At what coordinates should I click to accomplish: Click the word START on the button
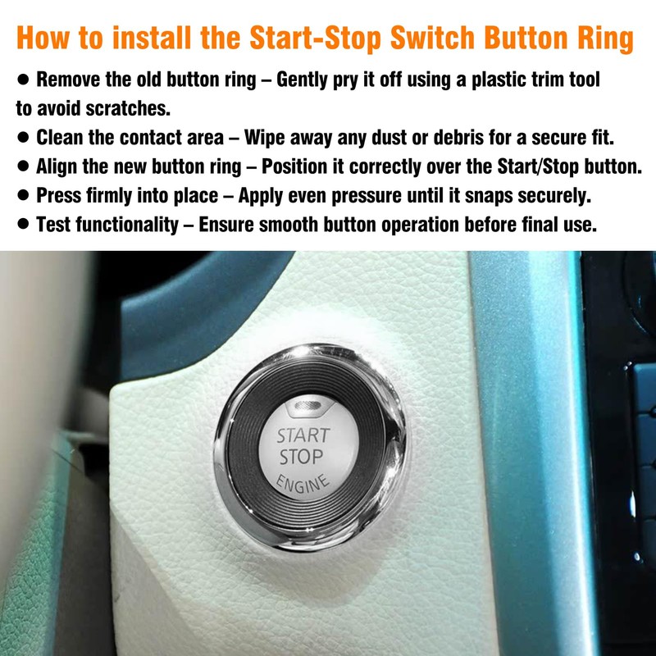[x=303, y=435]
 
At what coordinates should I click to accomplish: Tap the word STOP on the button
[x=301, y=457]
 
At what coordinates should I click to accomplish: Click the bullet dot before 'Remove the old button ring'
[x=23, y=80]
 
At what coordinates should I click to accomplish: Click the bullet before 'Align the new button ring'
[x=23, y=166]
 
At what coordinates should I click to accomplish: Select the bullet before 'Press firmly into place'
[x=23, y=195]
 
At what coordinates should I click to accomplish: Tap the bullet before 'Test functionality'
[x=23, y=224]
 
